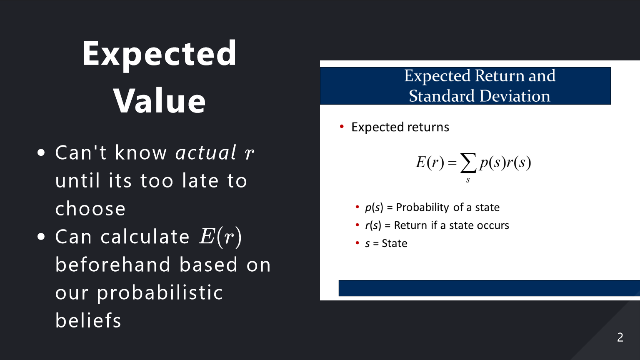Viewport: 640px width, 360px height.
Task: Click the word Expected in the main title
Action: [160, 54]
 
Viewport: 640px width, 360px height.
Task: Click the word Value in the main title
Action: [160, 100]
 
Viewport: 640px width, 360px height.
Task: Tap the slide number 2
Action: [620, 337]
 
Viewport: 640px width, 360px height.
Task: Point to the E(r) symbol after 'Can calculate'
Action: [220, 237]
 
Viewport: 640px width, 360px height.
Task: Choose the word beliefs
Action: [88, 320]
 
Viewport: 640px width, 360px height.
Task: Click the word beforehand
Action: [113, 265]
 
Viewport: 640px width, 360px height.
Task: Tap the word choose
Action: [90, 208]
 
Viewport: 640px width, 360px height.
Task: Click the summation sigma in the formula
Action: [468, 162]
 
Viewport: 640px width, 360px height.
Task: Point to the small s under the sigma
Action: [468, 180]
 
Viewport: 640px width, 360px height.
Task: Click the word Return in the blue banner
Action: [500, 76]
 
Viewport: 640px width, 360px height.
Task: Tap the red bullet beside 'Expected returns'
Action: [342, 126]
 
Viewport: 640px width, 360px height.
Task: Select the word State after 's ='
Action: [395, 243]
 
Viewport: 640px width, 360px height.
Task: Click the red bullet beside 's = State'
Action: [357, 243]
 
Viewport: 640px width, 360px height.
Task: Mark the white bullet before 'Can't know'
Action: [41, 152]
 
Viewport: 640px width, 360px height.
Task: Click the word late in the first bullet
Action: [200, 180]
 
